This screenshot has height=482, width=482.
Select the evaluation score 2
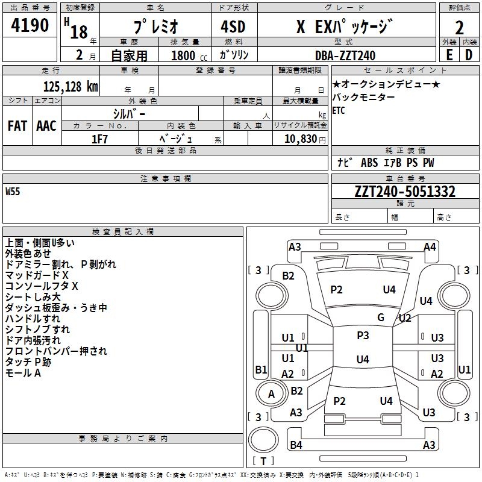click(x=459, y=27)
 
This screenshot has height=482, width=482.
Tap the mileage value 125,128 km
click(x=70, y=86)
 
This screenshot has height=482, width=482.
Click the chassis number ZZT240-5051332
click(x=405, y=192)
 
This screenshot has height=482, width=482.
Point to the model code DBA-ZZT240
click(x=345, y=55)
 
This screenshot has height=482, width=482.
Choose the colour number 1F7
click(x=99, y=139)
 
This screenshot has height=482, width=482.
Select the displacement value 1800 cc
click(x=188, y=55)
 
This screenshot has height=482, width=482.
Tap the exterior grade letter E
click(x=449, y=55)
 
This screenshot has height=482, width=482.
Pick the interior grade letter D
click(x=469, y=55)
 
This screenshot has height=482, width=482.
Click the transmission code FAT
click(x=17, y=126)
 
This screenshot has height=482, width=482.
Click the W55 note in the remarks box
click(x=13, y=192)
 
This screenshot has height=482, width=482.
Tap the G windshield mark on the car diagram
click(x=380, y=317)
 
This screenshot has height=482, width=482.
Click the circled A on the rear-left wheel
click(x=271, y=394)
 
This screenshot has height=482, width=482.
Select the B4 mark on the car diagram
click(x=296, y=445)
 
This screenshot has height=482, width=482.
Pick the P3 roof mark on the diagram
click(x=363, y=336)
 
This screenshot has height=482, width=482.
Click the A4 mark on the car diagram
click(x=430, y=246)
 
